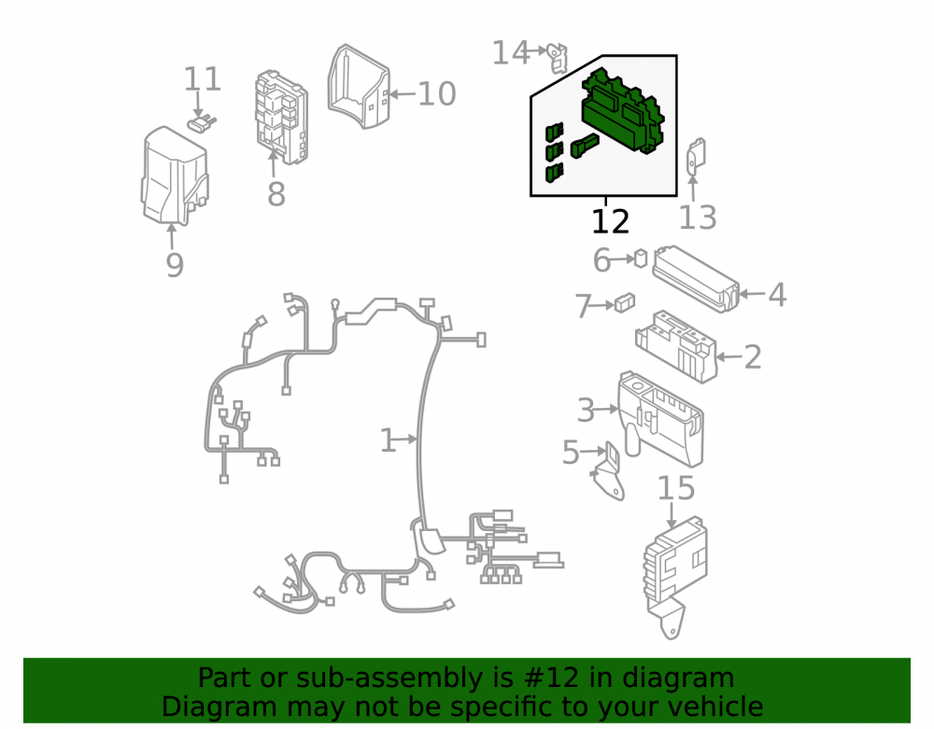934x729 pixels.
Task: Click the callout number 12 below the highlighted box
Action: click(610, 221)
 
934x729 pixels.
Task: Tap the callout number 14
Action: click(510, 52)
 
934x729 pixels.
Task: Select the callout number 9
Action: click(175, 265)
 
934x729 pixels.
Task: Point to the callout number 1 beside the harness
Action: click(388, 441)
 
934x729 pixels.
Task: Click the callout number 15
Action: click(676, 488)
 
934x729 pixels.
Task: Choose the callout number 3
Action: click(587, 410)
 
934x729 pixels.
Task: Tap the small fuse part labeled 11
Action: click(201, 124)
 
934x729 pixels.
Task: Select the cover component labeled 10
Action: click(359, 87)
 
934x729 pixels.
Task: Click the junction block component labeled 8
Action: click(282, 117)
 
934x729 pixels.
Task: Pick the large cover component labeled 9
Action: click(175, 176)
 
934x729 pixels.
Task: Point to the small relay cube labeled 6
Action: click(641, 259)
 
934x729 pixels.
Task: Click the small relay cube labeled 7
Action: click(624, 302)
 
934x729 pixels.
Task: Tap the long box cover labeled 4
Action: click(696, 279)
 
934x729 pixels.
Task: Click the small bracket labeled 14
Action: click(558, 58)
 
